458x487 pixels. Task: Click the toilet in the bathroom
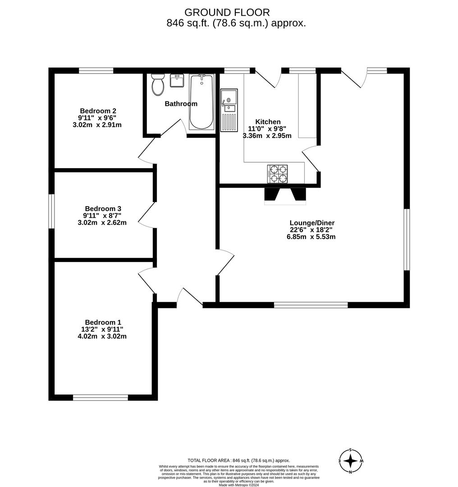click(x=158, y=85)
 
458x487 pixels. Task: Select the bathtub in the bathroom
click(x=201, y=102)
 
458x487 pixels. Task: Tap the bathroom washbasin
click(x=177, y=81)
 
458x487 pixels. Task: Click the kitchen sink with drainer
click(x=229, y=110)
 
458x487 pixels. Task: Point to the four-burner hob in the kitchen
click(x=277, y=174)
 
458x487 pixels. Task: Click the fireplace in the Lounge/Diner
click(x=285, y=195)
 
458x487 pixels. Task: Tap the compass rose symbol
click(x=351, y=461)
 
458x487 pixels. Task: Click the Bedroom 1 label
click(x=103, y=322)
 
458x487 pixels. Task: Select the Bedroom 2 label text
click(x=98, y=111)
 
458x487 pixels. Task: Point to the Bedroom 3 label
click(x=103, y=209)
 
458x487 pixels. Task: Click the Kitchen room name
click(x=268, y=122)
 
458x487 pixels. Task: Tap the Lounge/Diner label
click(x=312, y=223)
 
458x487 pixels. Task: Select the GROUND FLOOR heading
click(x=227, y=13)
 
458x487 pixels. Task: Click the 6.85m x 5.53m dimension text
click(x=311, y=237)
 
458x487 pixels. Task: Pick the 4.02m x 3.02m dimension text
click(x=102, y=336)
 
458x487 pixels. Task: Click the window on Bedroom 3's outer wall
click(x=52, y=211)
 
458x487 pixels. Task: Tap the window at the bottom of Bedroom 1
click(x=101, y=397)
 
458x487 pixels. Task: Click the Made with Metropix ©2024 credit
click(x=238, y=485)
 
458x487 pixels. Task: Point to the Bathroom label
click(x=181, y=104)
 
